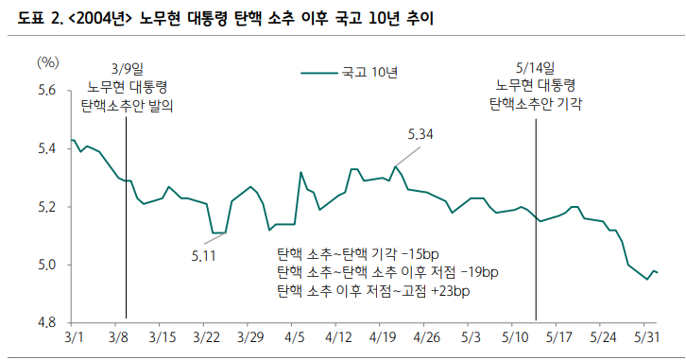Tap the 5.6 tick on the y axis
[47, 91]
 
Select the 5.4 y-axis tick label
[47, 148]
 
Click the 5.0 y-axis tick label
[47, 265]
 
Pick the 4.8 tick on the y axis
[47, 322]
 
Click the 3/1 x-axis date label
[74, 337]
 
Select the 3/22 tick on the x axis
[205, 337]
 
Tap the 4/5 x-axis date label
[294, 337]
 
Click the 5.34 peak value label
[420, 135]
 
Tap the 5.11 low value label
[205, 256]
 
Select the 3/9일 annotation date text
[127, 68]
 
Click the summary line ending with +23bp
[372, 291]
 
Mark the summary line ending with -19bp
[386, 273]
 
